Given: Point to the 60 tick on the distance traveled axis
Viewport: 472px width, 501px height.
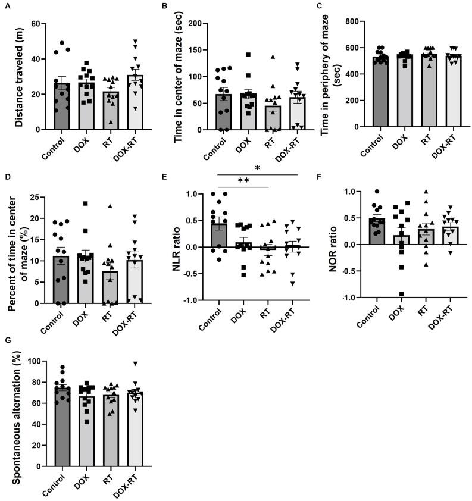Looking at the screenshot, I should pyautogui.click(x=40, y=24).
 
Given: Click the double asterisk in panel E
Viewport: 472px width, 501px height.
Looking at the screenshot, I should pyautogui.click(x=244, y=181).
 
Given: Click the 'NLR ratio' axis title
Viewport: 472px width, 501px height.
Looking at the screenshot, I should pyautogui.click(x=177, y=247).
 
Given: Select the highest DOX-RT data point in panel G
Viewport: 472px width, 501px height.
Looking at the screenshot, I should pyautogui.click(x=136, y=364).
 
